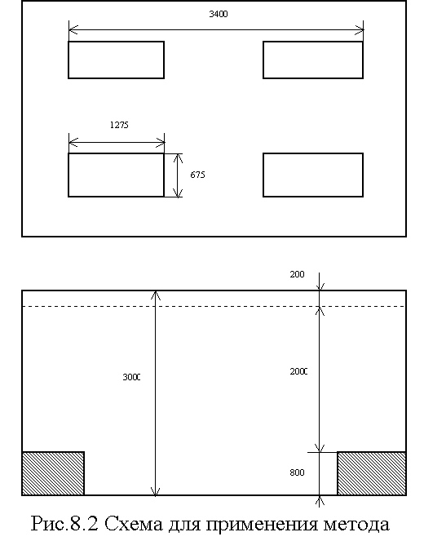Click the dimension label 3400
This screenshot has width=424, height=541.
click(219, 14)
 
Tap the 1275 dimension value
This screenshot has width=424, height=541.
click(119, 125)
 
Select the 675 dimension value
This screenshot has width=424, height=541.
click(197, 175)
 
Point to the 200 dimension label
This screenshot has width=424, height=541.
click(297, 274)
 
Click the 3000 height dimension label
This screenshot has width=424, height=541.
click(131, 377)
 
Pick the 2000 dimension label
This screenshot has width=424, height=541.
click(298, 371)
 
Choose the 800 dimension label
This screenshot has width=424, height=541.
click(297, 472)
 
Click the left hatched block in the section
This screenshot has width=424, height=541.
click(53, 473)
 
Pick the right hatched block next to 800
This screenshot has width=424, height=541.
click(372, 473)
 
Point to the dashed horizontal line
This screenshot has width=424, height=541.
click(214, 306)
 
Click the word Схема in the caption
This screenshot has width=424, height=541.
click(133, 525)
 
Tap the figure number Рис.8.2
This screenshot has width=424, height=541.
click(64, 525)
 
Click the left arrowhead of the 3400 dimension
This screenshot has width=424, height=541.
click(73, 30)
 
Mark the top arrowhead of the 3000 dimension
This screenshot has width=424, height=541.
click(156, 295)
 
